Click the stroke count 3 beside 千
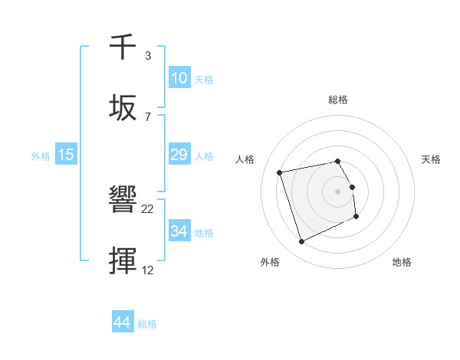[148, 56]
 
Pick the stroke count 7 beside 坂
[148, 116]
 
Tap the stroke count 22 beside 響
[148, 209]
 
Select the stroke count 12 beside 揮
[148, 270]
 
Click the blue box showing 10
[179, 78]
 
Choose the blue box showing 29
[179, 155]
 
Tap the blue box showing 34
[179, 231]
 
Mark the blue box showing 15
[66, 155]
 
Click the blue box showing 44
[122, 322]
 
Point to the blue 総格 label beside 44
[147, 324]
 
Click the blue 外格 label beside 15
[41, 156]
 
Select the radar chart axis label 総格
[338, 100]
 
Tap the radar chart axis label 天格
[431, 159]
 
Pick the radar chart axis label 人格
[245, 159]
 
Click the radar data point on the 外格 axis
[301, 242]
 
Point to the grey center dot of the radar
[338, 191]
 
